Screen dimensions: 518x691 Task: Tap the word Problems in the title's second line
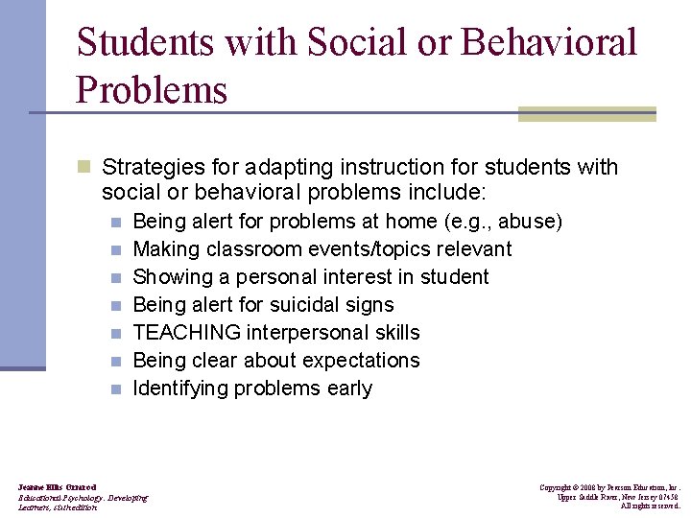pyautogui.click(x=152, y=90)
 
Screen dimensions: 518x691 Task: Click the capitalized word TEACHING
pyautogui.click(x=187, y=333)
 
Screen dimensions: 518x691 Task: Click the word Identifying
pyautogui.click(x=179, y=388)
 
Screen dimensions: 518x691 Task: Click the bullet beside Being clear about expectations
pyautogui.click(x=115, y=362)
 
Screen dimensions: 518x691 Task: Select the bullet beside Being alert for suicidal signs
pyautogui.click(x=115, y=306)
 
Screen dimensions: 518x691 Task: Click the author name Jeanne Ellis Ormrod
pyautogui.click(x=58, y=487)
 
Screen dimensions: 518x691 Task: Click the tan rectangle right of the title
pyautogui.click(x=586, y=114)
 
